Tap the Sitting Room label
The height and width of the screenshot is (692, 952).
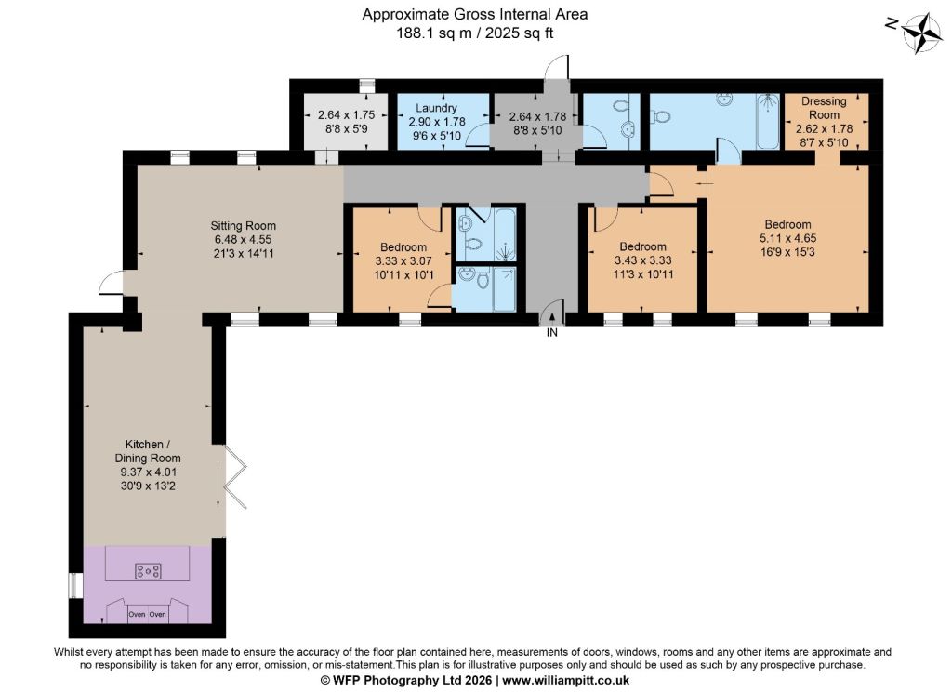pos(243,225)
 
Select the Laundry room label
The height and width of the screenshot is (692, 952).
pos(436,108)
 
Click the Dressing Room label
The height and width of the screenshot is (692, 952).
pos(824,108)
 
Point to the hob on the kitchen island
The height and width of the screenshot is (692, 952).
pos(148,571)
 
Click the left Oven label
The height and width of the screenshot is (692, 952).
pos(137,614)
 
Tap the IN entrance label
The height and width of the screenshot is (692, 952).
pos(551,332)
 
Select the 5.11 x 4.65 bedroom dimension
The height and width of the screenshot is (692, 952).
pos(788,238)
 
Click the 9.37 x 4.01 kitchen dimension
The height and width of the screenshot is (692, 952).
pos(148,472)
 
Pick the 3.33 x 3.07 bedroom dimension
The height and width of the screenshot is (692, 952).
pos(403,260)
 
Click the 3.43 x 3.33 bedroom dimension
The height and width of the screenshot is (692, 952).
pos(643,260)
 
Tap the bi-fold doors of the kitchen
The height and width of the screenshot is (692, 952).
pos(235,476)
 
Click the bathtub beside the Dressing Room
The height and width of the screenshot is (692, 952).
pos(768,122)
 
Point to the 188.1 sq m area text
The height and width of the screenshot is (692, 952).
pos(433,33)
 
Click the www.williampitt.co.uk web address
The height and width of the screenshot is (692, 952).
pos(565,681)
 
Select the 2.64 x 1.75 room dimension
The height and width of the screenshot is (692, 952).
pos(346,114)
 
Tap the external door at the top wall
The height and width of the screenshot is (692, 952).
pos(556,67)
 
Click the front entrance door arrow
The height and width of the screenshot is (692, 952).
pos(551,316)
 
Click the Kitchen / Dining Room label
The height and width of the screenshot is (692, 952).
pos(148,451)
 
